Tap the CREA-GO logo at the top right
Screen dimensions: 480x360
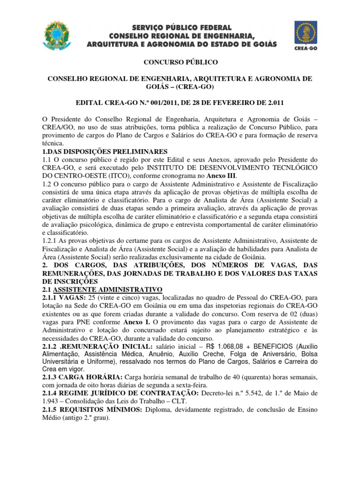307,35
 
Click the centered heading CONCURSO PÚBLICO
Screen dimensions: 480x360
180,62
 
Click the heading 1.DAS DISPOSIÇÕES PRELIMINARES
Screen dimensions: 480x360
105,151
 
